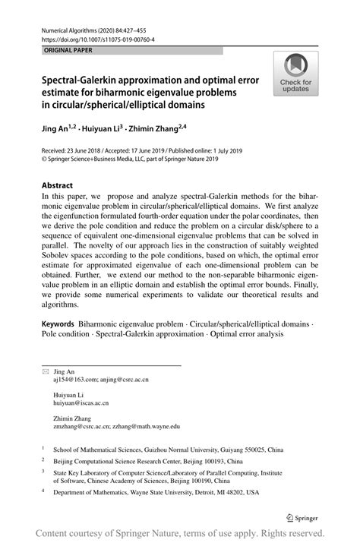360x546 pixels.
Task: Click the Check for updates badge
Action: pyautogui.click(x=295, y=74)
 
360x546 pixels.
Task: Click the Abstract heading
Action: pyautogui.click(x=57, y=185)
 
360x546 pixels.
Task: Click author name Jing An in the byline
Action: pyautogui.click(x=53, y=130)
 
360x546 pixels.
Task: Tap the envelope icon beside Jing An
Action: pyautogui.click(x=45, y=371)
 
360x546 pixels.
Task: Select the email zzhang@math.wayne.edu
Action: pyautogui.click(x=144, y=427)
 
